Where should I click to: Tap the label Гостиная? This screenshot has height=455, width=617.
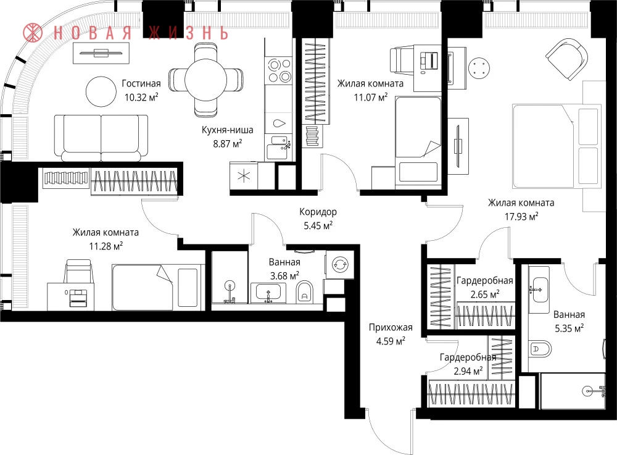(141, 83)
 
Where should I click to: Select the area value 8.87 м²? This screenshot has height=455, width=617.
(228, 143)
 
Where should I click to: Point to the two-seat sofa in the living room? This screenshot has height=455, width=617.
(101, 138)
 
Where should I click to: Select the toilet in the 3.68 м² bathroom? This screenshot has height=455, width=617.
(304, 291)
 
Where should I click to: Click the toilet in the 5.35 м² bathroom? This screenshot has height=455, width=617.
(540, 348)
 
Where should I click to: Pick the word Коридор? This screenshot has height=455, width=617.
(318, 212)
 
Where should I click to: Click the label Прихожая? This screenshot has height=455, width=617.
(391, 327)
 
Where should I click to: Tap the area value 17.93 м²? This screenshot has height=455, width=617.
(521, 217)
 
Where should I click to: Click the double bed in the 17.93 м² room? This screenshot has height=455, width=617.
(557, 146)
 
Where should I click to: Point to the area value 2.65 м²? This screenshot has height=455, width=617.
(485, 294)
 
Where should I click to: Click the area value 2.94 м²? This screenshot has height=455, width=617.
(468, 371)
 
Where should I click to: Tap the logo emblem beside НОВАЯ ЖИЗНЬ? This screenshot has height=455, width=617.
(33, 33)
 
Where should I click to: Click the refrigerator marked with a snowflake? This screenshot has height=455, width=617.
(244, 176)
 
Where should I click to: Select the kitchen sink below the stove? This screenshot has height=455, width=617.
(278, 146)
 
